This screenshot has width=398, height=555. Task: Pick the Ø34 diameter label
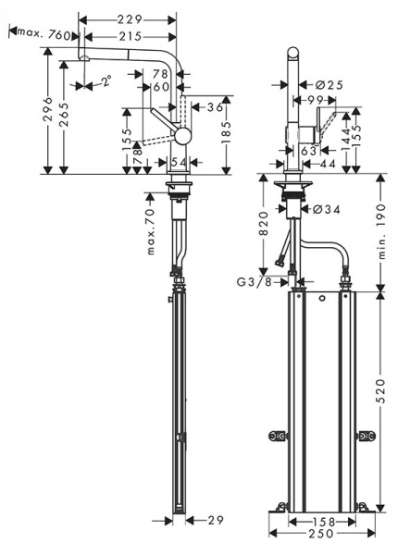(x=327, y=210)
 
